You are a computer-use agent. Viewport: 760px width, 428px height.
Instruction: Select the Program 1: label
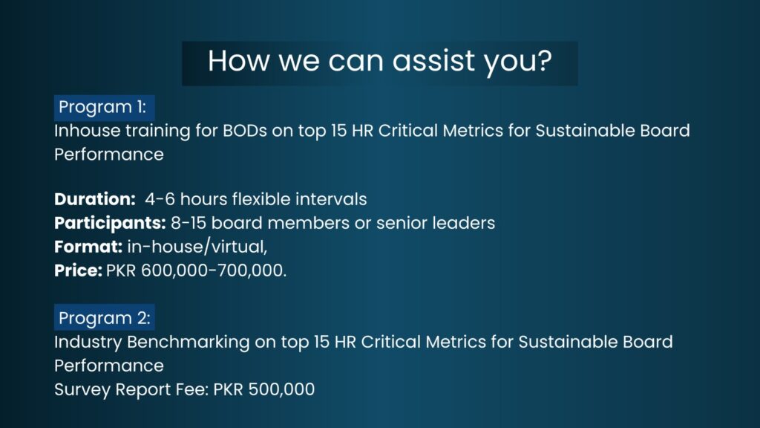104,107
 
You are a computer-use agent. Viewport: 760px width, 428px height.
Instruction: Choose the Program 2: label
104,318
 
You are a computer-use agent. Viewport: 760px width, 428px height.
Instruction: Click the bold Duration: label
95,199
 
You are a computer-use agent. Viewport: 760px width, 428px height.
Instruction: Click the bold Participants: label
110,223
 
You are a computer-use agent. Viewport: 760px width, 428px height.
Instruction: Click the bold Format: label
88,247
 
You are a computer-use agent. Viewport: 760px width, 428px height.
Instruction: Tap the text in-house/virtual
196,247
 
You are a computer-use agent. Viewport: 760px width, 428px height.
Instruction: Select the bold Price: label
78,270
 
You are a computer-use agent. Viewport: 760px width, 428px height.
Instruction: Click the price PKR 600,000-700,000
195,270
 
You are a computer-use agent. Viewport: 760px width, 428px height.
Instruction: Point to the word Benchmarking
188,342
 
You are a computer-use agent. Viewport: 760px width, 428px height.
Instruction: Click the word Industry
88,342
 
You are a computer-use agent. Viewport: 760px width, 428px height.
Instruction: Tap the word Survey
82,389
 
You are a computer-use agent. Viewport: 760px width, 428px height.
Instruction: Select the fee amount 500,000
281,389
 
